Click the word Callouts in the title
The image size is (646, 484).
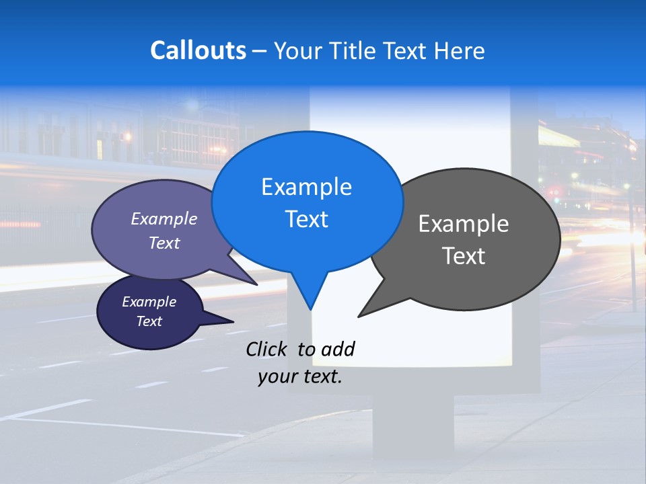[198, 50]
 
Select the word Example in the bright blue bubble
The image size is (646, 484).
[306, 187]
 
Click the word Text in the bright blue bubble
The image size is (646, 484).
[306, 219]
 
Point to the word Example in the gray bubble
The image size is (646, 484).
[464, 224]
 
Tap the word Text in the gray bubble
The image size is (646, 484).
[464, 256]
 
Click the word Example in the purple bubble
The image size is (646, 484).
[164, 218]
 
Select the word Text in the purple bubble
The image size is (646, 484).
[164, 243]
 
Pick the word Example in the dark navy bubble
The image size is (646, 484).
[149, 302]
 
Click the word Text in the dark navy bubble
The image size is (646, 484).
[149, 321]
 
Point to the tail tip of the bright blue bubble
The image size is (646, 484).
[310, 309]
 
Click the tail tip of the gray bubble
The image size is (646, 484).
[359, 316]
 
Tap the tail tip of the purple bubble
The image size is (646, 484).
[257, 285]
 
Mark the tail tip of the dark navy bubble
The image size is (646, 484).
[233, 321]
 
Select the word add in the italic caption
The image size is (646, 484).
[338, 349]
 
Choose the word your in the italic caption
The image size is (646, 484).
[277, 376]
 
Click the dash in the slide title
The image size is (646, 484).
[260, 51]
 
